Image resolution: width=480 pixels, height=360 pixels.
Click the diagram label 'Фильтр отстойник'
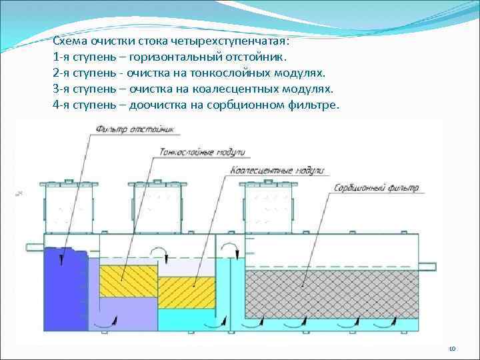[135, 128]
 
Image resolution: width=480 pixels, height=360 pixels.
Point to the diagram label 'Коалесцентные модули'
[277, 171]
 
